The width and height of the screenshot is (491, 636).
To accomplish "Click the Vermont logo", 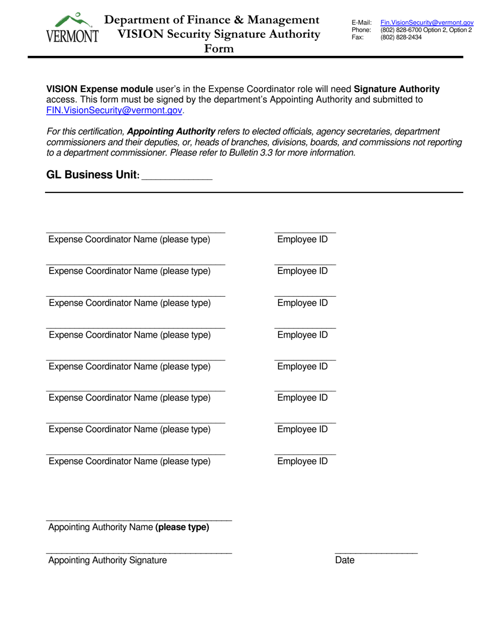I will [x=72, y=29].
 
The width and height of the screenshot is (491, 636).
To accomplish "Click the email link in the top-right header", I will [x=427, y=23].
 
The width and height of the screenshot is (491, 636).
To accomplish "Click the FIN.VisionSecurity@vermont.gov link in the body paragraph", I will [x=114, y=110].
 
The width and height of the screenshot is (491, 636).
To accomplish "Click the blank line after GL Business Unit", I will [x=177, y=178].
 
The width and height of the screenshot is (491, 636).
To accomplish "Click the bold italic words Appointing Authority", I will [x=171, y=132].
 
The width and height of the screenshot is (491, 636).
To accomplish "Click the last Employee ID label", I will [x=302, y=461].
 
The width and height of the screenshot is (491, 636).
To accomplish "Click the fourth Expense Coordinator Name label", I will [x=129, y=335].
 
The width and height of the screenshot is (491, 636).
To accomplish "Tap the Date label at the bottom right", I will [x=345, y=560].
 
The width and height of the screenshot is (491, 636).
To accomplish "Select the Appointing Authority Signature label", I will [x=108, y=560].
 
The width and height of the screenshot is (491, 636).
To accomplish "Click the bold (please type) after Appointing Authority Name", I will [x=182, y=527].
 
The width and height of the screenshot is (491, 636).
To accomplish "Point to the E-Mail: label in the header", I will [x=361, y=23].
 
